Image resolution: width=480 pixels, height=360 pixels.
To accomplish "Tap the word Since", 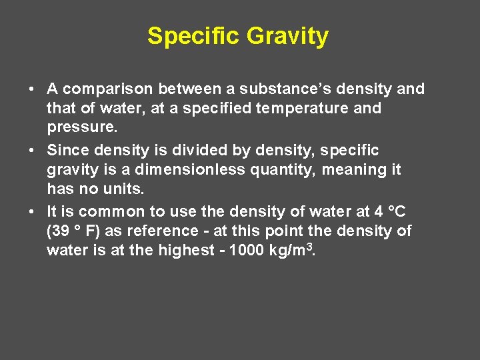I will (70, 151).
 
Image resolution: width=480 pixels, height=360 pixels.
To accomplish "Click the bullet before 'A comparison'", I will (31, 89).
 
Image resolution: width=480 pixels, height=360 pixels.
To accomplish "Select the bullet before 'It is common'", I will (31, 213).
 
